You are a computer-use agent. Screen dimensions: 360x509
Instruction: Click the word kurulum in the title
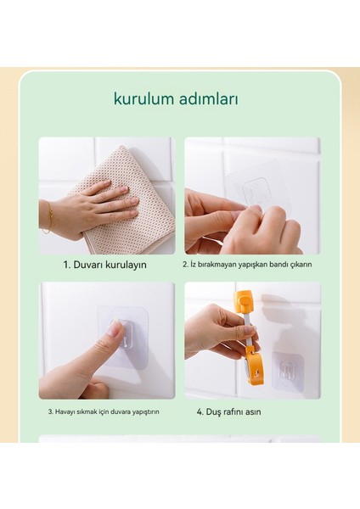(144, 98)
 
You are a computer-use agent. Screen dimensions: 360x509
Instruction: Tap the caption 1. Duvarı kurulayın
(104, 265)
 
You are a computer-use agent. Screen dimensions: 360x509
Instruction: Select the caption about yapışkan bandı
(247, 264)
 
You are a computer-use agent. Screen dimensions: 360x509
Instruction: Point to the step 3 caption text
(104, 411)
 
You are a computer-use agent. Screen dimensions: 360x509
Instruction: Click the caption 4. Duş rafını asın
(228, 411)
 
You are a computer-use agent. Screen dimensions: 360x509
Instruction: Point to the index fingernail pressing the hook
(115, 327)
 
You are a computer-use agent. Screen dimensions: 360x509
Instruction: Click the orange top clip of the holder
(244, 302)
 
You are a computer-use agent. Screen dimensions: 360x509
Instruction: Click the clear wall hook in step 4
(288, 369)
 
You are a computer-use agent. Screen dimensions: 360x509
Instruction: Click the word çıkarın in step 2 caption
(301, 264)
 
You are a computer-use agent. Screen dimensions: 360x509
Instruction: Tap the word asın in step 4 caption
(253, 412)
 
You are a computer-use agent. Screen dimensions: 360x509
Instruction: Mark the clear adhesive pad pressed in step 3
(122, 337)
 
